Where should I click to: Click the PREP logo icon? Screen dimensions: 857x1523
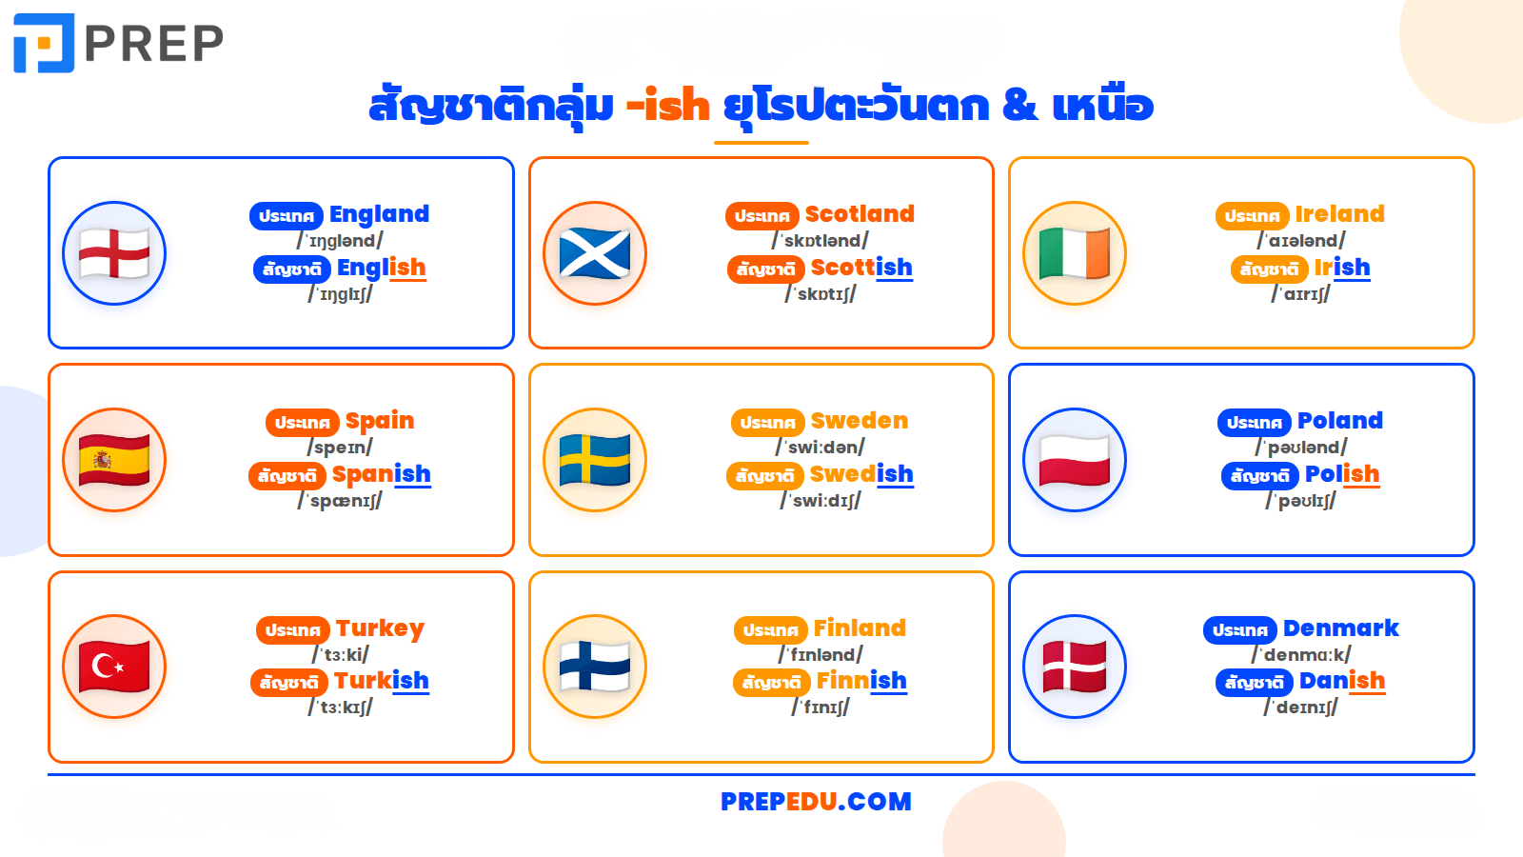click(x=44, y=43)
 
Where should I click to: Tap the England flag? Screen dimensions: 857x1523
click(x=114, y=253)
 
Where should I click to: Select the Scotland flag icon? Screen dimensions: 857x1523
click(x=595, y=253)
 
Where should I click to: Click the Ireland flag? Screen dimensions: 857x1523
click(x=1075, y=253)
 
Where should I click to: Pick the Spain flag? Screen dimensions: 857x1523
click(x=114, y=460)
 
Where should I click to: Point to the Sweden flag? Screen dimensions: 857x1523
click(x=595, y=460)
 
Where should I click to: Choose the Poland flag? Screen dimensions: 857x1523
click(x=1075, y=460)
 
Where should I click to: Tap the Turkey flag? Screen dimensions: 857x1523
click(x=114, y=667)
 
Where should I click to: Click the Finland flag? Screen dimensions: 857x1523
click(x=595, y=667)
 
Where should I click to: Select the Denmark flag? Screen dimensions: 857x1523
click(x=1075, y=667)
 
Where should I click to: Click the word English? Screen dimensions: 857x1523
click(x=381, y=269)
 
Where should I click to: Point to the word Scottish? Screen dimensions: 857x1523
click(x=860, y=269)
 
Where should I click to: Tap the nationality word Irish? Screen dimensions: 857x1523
click(x=1341, y=269)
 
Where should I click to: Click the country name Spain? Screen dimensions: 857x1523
click(x=379, y=421)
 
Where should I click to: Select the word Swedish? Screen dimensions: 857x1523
click(x=860, y=474)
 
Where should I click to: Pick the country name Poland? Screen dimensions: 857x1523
click(x=1339, y=421)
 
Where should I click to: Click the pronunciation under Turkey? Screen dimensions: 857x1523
click(x=341, y=655)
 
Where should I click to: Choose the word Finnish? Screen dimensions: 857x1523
click(x=860, y=681)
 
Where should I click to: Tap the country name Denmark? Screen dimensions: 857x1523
click(x=1340, y=628)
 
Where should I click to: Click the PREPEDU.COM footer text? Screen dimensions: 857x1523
click(x=816, y=802)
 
